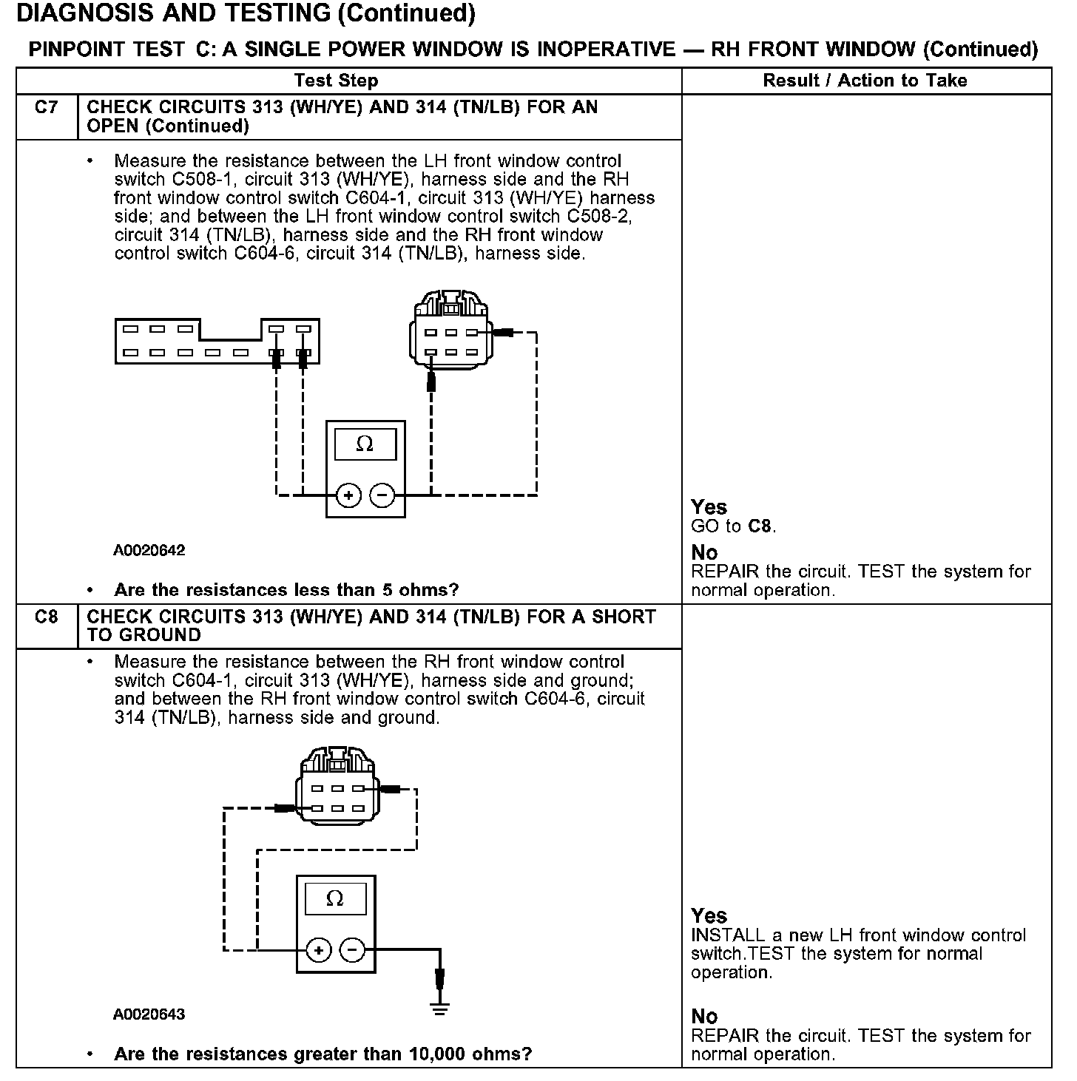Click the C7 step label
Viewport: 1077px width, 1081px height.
(x=46, y=108)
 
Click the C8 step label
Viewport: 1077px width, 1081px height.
(x=46, y=617)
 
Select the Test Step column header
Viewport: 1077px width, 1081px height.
(x=336, y=81)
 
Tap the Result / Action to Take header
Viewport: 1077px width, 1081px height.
(x=865, y=81)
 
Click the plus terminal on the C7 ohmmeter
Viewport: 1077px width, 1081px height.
(x=348, y=495)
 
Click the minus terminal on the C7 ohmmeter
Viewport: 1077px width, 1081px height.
(x=382, y=495)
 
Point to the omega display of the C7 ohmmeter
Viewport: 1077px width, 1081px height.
(x=365, y=444)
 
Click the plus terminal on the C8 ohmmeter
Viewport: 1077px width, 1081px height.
(x=318, y=950)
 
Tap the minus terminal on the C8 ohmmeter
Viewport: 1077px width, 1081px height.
(x=352, y=950)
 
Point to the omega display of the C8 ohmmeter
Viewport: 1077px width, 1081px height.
(x=335, y=899)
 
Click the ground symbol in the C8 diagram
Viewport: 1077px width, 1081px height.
(x=440, y=1009)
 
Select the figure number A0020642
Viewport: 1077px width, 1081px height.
(x=149, y=551)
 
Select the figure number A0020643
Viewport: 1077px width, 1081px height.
(x=149, y=1014)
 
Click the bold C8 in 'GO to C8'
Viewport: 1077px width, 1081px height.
(x=760, y=527)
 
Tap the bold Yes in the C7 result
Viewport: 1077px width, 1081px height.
(x=709, y=507)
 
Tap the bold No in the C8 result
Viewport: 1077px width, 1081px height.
(x=704, y=1017)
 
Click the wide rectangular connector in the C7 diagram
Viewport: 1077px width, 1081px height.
(x=217, y=341)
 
